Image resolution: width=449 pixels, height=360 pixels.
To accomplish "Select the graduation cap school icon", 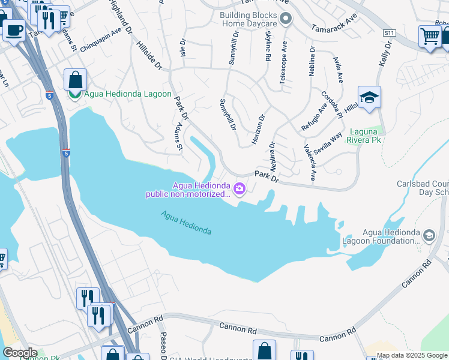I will [369, 98].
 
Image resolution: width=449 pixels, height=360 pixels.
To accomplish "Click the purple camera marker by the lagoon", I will [240, 189].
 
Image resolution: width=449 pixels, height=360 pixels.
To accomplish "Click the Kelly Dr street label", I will [384, 54].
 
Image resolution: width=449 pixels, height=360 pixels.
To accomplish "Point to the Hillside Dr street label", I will [149, 58].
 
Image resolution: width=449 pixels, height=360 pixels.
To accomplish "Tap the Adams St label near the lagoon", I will [178, 138].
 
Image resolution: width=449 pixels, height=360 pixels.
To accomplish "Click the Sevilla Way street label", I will [327, 145].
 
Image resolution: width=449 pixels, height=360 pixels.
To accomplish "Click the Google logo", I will [20, 353].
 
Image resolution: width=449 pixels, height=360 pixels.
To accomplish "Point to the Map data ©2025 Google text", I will [412, 355].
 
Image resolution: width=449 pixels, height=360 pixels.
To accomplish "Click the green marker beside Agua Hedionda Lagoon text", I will [75, 94].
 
